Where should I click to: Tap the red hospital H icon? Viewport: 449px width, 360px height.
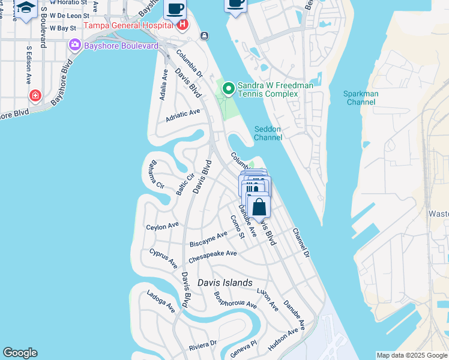tap(182, 25)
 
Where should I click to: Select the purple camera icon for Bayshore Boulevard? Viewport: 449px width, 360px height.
tap(75, 45)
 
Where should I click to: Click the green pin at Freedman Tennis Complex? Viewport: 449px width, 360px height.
tap(229, 89)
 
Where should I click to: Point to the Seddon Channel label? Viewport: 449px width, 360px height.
tap(268, 133)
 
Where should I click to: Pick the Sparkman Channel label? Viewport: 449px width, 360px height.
tap(360, 98)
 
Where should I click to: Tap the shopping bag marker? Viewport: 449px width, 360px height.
tap(259, 207)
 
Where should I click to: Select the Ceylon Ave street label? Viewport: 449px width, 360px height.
tap(163, 226)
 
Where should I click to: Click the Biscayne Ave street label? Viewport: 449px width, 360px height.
tap(208, 239)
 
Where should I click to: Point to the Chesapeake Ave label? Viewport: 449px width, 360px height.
tap(212, 257)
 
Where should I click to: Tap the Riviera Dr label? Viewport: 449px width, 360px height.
tap(202, 345)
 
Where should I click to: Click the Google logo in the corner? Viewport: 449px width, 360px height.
tap(20, 353)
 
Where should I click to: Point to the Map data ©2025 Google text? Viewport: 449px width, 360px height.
tap(412, 355)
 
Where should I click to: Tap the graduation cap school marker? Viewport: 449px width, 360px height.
tap(26, 8)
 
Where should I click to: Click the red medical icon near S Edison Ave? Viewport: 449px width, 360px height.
tap(35, 95)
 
